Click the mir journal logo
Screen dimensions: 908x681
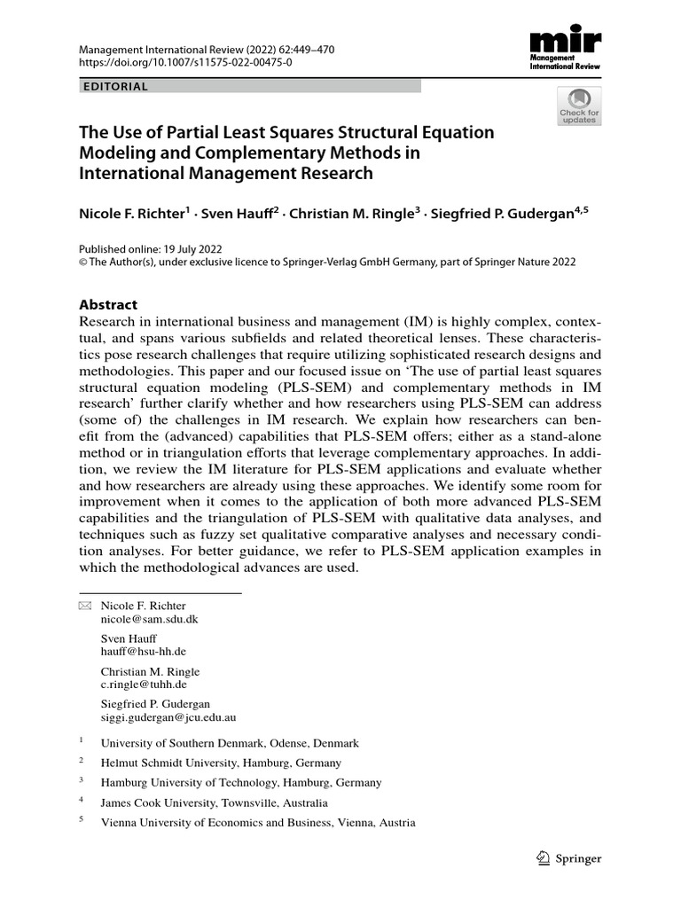point(564,51)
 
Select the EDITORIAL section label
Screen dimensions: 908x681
point(114,87)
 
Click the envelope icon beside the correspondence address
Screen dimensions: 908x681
point(85,606)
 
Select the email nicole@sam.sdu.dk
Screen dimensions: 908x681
point(149,620)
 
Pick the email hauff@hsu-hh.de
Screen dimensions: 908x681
point(143,652)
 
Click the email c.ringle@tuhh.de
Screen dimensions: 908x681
point(144,685)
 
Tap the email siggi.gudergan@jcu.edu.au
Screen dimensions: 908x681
point(168,717)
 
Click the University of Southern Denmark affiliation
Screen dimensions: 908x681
point(230,744)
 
